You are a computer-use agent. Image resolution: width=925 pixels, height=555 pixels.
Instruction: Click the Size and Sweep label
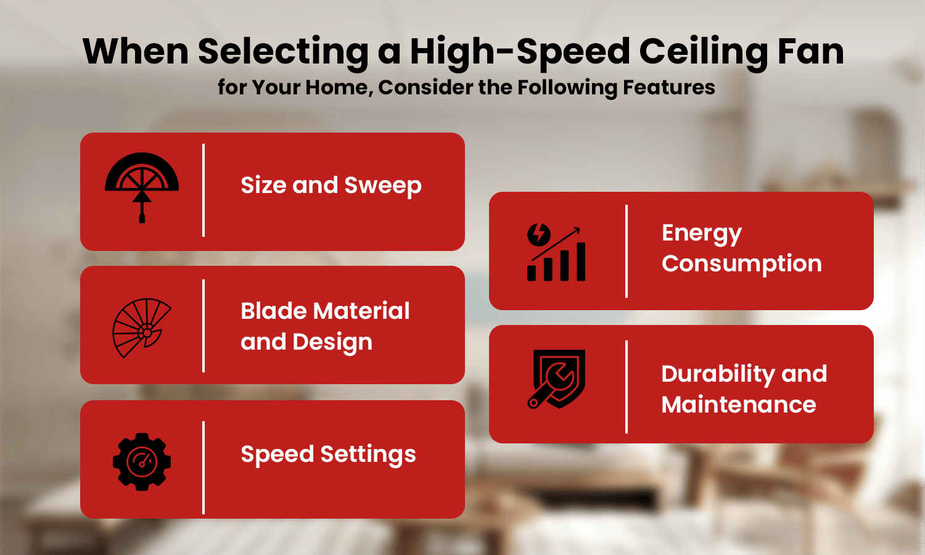pos(331,186)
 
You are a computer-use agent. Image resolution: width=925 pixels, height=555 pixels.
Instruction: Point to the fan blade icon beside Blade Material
pos(141,327)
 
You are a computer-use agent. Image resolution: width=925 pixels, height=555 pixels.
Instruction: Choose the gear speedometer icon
pos(142,462)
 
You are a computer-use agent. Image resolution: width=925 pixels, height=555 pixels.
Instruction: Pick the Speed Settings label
pos(328,455)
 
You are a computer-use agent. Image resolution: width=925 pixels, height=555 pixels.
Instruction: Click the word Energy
pos(701,234)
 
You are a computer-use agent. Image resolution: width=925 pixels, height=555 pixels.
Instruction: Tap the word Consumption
pos(741,264)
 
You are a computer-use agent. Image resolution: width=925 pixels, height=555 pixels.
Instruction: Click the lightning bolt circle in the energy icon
pos(538,234)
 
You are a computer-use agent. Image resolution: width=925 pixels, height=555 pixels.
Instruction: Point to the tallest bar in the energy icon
pos(580,261)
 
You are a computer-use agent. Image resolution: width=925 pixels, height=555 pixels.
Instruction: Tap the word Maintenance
pos(738,405)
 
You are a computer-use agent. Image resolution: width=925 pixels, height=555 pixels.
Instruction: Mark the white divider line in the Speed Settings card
pos(203,467)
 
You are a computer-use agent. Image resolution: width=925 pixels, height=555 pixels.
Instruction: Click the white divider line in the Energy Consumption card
pos(627,251)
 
